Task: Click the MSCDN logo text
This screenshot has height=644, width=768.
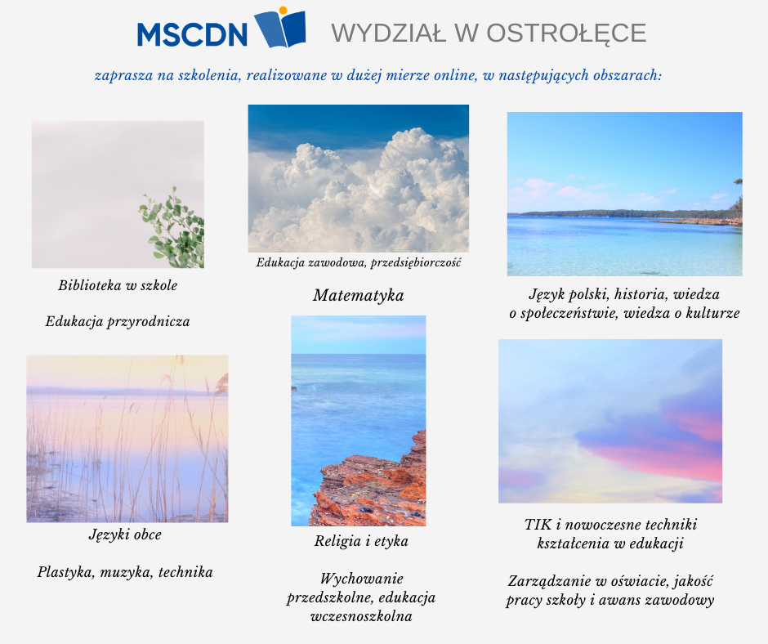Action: (x=192, y=34)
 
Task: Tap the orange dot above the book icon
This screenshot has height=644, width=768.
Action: (x=283, y=11)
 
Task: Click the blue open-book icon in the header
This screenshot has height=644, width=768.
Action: (x=280, y=29)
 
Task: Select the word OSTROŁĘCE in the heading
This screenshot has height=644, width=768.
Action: (x=566, y=34)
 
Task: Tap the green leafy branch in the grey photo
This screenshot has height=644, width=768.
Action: (x=172, y=227)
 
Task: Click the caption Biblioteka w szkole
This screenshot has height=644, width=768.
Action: (x=118, y=285)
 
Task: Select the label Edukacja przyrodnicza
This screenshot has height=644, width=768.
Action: (x=118, y=322)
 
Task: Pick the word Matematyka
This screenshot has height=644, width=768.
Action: (x=359, y=295)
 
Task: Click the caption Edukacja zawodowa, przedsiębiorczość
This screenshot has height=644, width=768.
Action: (x=359, y=262)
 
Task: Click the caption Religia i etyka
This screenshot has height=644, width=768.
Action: (x=361, y=541)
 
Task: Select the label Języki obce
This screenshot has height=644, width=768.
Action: (x=125, y=534)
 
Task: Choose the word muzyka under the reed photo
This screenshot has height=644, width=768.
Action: (x=126, y=572)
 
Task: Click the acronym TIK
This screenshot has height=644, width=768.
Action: (x=538, y=525)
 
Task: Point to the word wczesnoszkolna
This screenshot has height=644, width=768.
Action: (x=361, y=616)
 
